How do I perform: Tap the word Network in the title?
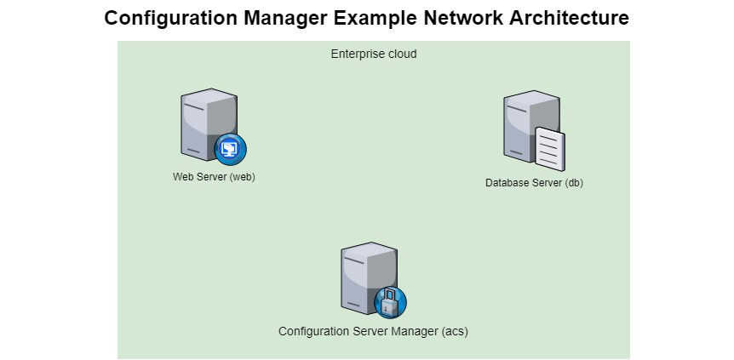coord(457,18)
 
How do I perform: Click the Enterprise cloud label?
coord(374,54)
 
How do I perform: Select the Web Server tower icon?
coord(204,123)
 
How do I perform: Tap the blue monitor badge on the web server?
coord(230,149)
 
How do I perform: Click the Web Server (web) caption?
coord(214,177)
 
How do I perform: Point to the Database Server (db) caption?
coord(534,183)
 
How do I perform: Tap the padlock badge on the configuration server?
coord(390,302)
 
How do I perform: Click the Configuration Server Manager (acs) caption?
coord(373,331)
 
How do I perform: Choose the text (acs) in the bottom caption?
coord(455,331)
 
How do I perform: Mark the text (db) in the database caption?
coord(574,183)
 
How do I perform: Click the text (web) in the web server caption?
coord(242,177)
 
